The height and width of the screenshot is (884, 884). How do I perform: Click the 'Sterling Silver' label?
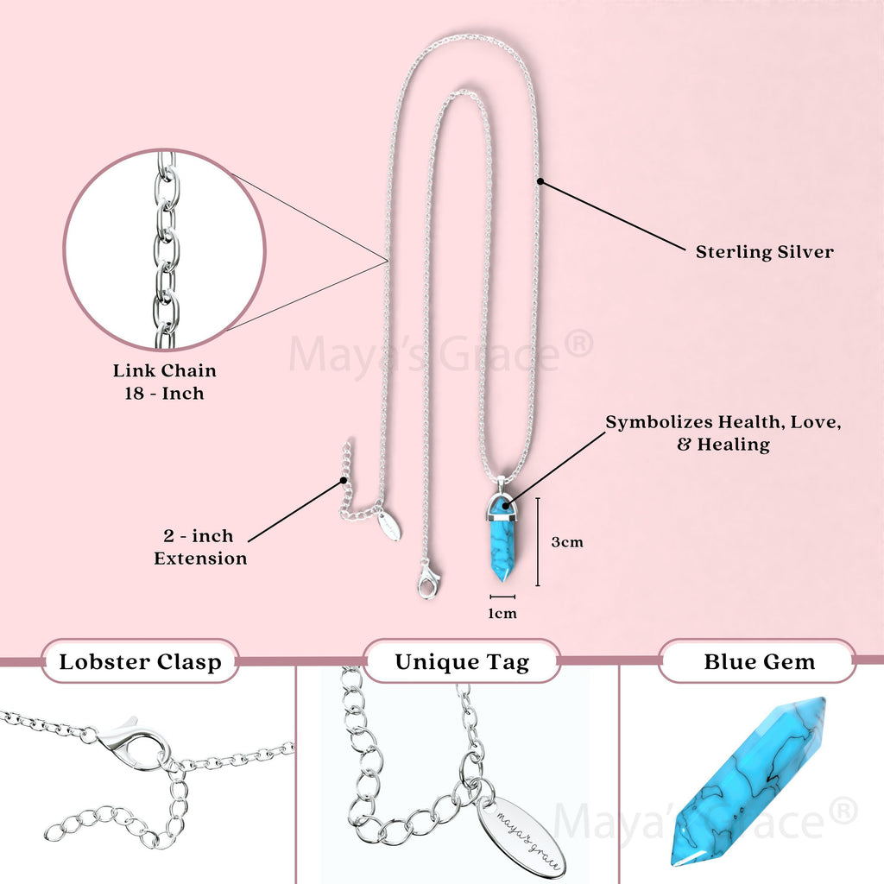764,252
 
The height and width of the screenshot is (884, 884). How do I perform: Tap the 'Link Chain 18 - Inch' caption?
165,382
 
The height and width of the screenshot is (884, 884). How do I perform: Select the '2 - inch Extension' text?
200,547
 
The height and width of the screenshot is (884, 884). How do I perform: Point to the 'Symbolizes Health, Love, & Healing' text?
723,433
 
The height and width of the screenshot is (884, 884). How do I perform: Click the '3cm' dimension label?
567,542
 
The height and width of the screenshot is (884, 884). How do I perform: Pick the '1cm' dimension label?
502,614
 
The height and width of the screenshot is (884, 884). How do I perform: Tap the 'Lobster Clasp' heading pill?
140,662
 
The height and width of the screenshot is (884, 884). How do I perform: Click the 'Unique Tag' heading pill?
462,662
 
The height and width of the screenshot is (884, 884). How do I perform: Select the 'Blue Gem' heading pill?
759,662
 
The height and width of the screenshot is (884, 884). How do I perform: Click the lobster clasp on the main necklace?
427,581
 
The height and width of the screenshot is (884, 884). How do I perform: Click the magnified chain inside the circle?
165,250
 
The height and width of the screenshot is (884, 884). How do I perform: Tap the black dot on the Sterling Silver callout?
540,181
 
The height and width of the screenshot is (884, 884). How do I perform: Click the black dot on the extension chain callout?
344,480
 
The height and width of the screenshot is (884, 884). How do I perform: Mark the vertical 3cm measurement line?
538,541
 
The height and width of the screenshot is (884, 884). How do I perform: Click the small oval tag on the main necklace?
388,526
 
